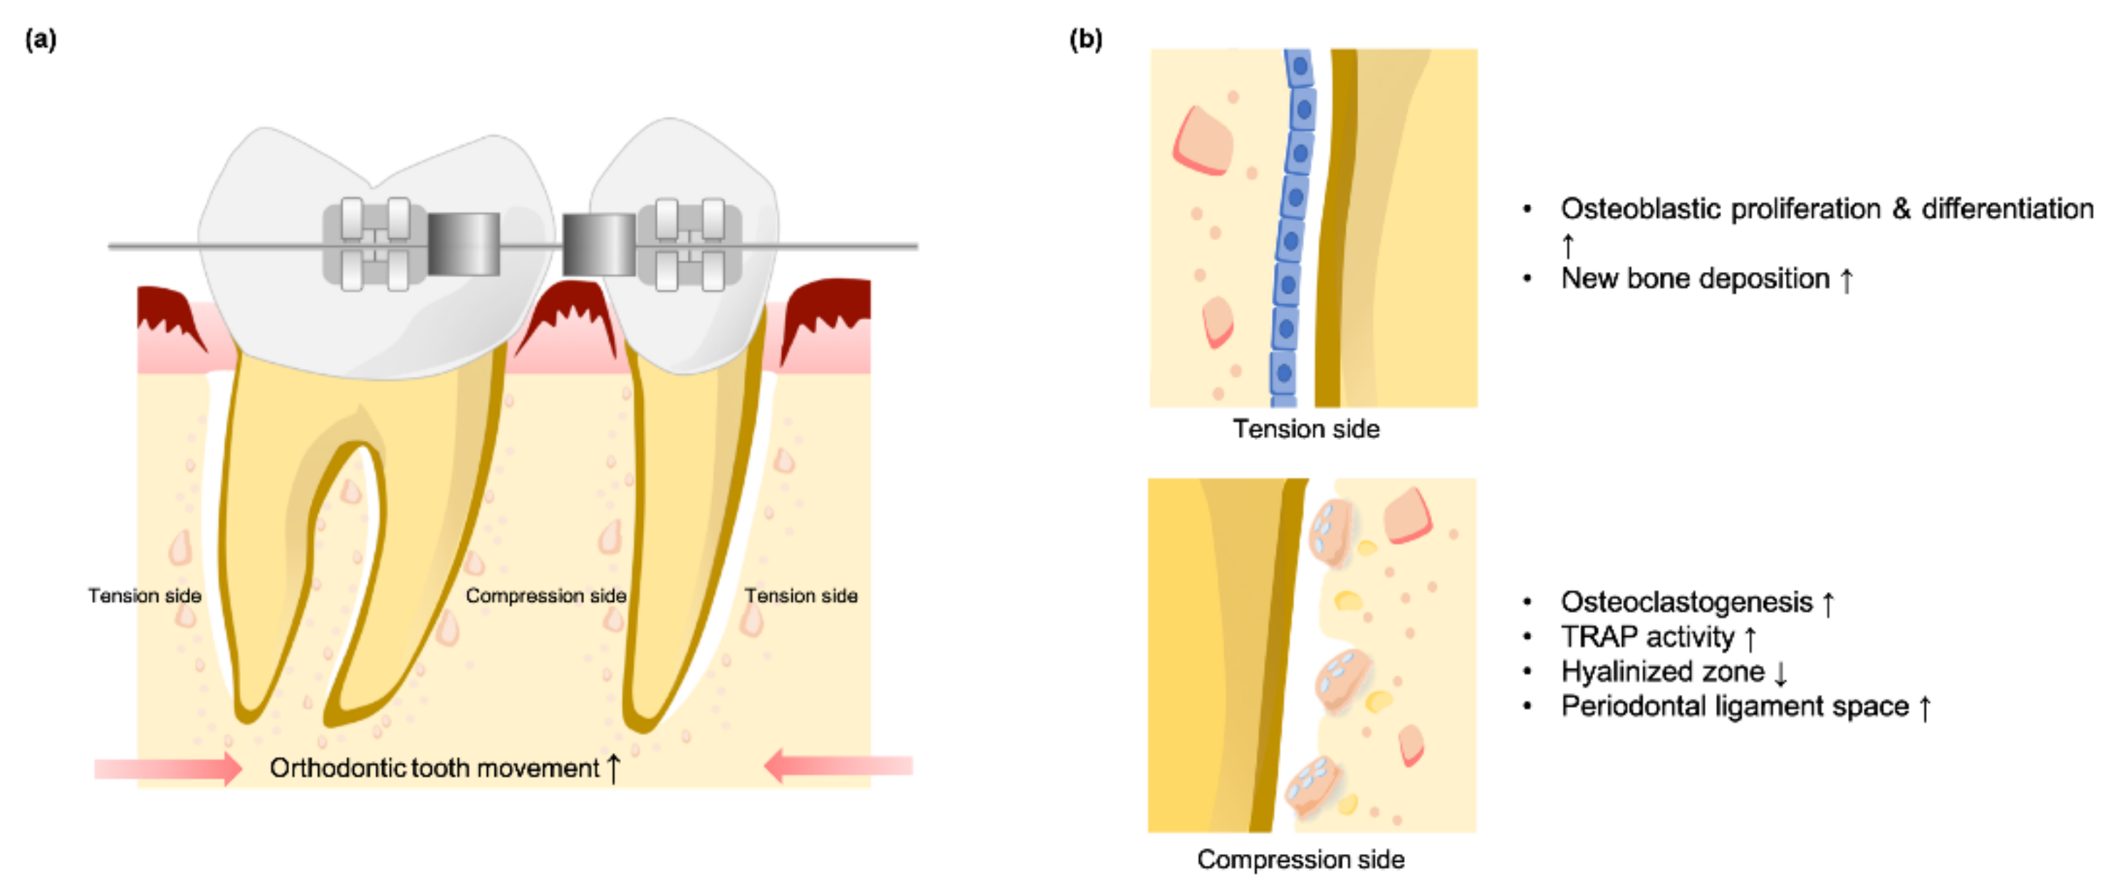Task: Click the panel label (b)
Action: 1085,39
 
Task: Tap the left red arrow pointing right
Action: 168,768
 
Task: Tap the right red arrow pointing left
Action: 837,767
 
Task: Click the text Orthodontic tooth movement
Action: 435,768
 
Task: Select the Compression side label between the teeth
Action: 545,596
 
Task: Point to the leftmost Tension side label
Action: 145,596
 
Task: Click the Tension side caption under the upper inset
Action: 1305,429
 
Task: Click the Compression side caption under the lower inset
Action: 1300,860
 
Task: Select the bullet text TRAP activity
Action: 1647,637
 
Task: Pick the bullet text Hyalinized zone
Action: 1663,672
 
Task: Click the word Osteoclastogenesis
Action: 1686,602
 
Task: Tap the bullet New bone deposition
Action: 1695,278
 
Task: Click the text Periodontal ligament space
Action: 1734,707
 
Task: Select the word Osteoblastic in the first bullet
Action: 1638,209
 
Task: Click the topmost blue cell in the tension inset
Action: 1299,66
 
